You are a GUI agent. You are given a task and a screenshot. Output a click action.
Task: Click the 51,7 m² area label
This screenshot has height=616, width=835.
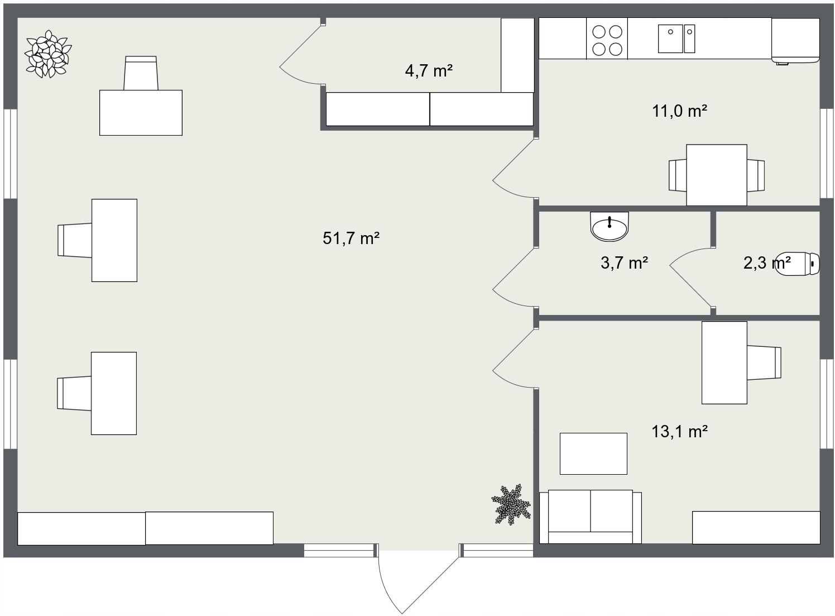tap(351, 238)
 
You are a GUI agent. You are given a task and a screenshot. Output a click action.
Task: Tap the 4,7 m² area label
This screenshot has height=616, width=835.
tap(429, 70)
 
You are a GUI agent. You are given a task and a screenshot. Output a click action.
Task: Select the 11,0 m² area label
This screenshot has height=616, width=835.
tap(680, 111)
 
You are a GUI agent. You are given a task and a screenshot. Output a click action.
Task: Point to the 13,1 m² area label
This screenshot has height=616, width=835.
tap(680, 432)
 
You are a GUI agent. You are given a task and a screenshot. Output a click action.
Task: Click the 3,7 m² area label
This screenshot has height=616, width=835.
tap(625, 263)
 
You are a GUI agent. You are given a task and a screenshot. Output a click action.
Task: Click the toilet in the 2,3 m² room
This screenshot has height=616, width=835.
tap(798, 264)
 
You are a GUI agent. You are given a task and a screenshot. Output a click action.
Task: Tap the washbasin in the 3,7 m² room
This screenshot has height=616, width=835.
tap(610, 227)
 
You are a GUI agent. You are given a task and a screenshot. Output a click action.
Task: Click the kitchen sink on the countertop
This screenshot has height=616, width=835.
tap(676, 39)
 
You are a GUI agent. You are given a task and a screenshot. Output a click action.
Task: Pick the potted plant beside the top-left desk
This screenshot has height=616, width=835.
tap(48, 54)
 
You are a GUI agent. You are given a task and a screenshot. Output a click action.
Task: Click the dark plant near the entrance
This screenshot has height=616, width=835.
tap(511, 505)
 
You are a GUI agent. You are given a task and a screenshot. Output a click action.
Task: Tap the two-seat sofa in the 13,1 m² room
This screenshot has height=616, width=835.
tap(591, 517)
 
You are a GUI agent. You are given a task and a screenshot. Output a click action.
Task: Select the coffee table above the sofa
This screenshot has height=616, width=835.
tap(593, 454)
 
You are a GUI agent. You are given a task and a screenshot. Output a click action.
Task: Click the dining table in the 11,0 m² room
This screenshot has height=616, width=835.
tap(717, 175)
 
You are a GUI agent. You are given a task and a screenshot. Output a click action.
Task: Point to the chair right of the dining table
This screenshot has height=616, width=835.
tap(756, 175)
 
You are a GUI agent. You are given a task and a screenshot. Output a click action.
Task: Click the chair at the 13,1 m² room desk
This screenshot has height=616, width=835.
tap(764, 363)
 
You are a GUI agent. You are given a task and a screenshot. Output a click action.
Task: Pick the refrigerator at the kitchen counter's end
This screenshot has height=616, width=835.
tap(795, 40)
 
